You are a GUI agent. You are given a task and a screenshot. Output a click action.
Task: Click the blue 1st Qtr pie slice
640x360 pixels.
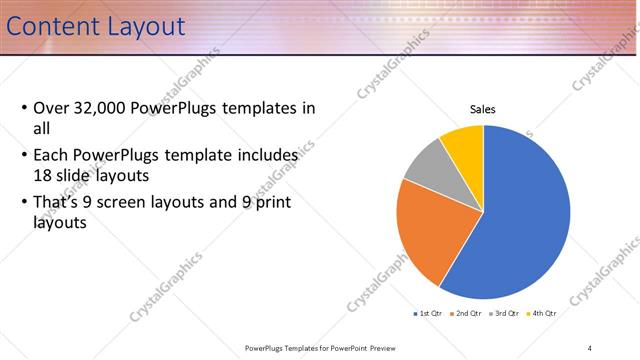click(x=525, y=215)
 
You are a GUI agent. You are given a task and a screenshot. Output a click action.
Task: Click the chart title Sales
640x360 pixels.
click(x=483, y=109)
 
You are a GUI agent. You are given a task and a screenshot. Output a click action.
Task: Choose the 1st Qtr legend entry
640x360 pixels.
click(x=429, y=313)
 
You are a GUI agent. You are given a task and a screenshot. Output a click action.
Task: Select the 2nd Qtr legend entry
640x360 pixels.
click(x=466, y=313)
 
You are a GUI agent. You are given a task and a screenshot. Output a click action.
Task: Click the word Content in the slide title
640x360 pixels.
click(x=55, y=26)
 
